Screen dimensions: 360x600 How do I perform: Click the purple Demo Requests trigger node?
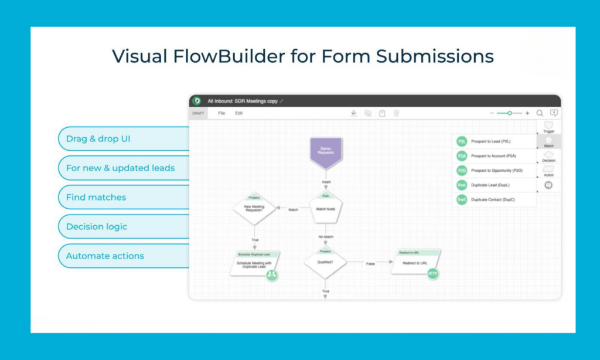point(326,151)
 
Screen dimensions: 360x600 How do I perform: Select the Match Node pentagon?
point(326,209)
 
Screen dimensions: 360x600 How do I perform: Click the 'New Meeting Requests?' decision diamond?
point(254,209)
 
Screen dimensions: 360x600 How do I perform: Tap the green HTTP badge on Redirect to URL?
point(433,273)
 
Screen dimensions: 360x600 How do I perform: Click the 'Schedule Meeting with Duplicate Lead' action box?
point(254,264)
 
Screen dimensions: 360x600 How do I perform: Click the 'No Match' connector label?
point(326,237)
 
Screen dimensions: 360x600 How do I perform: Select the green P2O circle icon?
point(462,171)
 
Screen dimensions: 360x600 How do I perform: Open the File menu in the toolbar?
point(221,113)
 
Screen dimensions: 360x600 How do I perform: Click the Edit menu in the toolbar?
point(239,113)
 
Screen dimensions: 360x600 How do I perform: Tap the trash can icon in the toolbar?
point(396,113)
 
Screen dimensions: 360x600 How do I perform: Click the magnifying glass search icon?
point(540,113)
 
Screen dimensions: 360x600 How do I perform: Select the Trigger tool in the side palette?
point(548,127)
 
